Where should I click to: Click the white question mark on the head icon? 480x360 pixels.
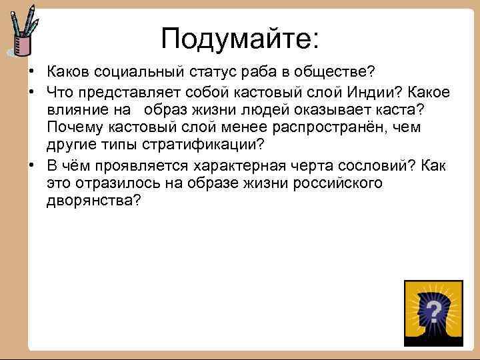click(x=433, y=311)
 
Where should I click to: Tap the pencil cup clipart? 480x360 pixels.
click(x=23, y=33)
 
